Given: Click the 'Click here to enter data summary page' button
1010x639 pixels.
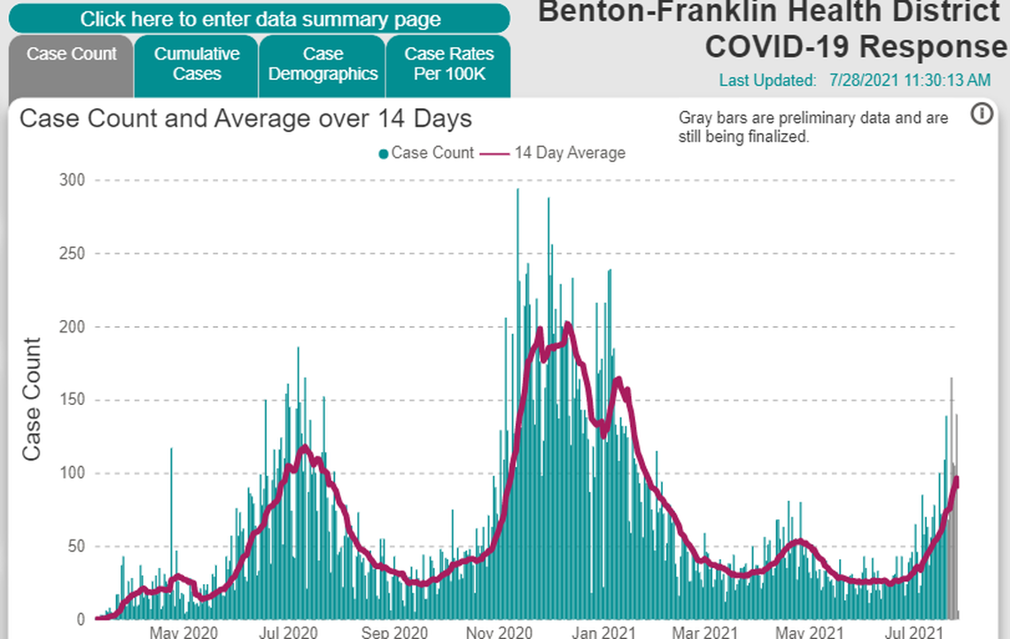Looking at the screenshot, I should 260,19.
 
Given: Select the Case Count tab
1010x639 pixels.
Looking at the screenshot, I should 72,54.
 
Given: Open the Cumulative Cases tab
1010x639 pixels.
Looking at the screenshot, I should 197,64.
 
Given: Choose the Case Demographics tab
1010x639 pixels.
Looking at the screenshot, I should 322,64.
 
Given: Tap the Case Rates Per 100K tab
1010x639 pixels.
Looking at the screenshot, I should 448,64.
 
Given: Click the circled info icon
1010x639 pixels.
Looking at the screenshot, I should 982,114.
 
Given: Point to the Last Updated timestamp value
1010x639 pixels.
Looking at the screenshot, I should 910,81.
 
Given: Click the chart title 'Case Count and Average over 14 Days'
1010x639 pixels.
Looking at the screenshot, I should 245,119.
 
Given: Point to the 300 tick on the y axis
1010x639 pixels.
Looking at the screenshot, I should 72,181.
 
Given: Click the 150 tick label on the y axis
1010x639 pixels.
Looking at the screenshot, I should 72,400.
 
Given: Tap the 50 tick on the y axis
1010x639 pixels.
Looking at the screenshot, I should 75,546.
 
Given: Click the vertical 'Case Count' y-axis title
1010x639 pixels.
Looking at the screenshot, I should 32,400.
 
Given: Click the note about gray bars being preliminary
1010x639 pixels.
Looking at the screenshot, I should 812,128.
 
